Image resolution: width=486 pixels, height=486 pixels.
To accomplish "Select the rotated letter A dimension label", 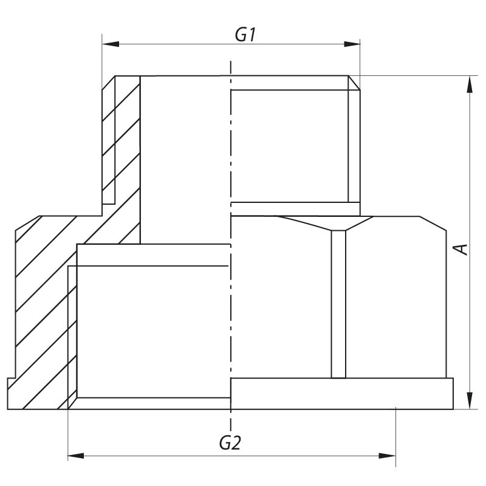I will [462, 249].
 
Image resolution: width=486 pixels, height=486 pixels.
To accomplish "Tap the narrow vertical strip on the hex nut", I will [338, 304].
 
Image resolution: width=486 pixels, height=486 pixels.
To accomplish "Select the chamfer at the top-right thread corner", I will [355, 83].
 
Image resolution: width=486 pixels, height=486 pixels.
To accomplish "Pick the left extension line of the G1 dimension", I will [101, 61].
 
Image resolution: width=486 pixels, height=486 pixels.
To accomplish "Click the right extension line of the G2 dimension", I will [396, 437].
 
